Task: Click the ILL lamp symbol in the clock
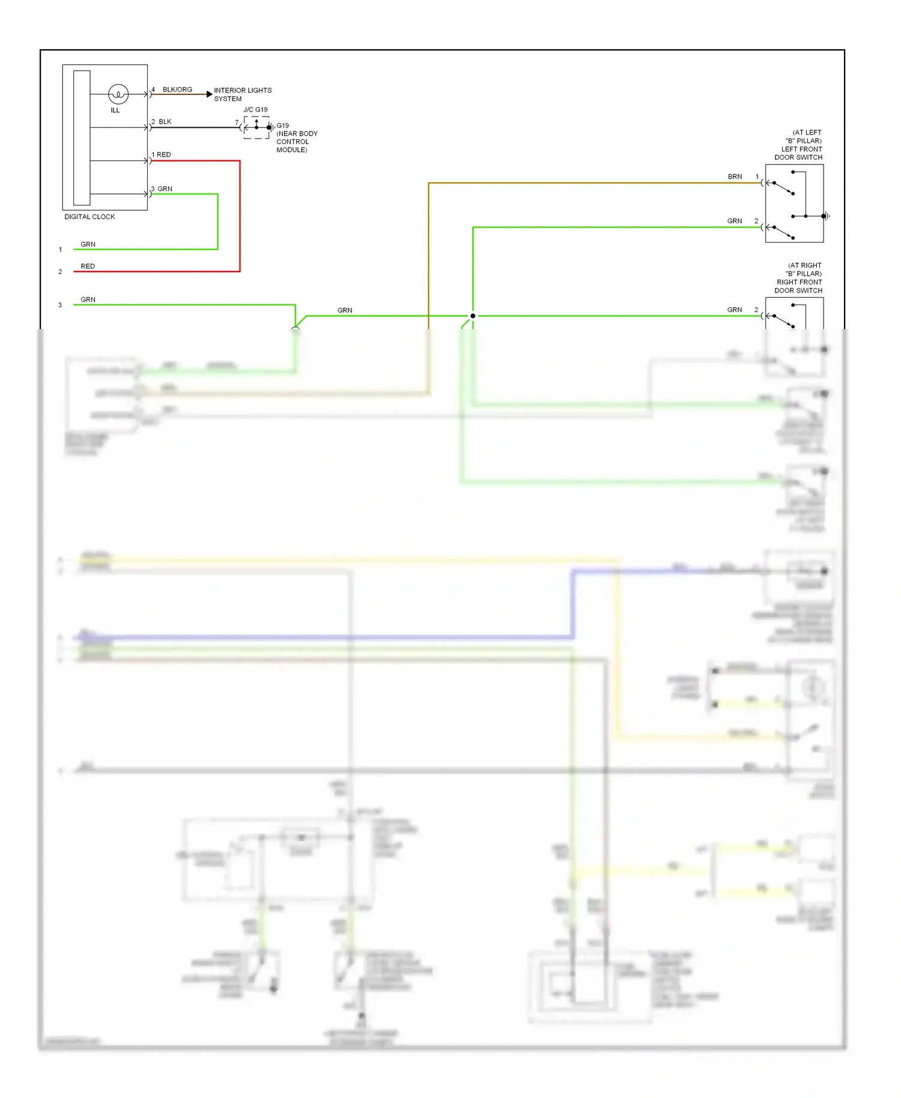pos(118,94)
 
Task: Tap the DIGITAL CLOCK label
pos(89,217)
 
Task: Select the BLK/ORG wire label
pos(177,89)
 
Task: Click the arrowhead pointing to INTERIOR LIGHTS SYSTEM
pos(209,94)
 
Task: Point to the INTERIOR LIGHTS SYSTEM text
pos(242,94)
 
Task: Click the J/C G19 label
pos(255,109)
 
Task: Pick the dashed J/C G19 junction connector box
pos(256,127)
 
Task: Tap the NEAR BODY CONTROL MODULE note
pos(296,142)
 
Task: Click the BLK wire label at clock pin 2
pos(165,122)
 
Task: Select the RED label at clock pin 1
pos(164,155)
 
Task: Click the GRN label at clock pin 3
pos(165,189)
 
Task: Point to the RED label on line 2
pos(88,266)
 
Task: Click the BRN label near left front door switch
pos(735,177)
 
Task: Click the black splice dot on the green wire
pos(473,316)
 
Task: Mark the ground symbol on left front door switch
pos(827,216)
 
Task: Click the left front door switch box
pos(794,204)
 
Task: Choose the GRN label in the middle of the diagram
pos(345,311)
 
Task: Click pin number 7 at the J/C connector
pos(237,123)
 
